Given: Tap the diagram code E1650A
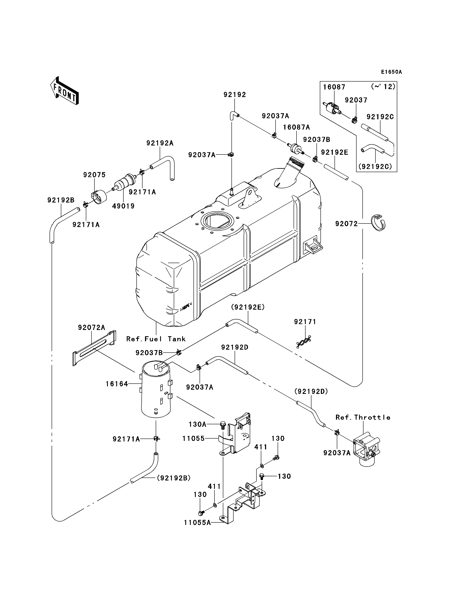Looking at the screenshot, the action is pos(392,72).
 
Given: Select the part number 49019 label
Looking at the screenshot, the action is pos(123,206).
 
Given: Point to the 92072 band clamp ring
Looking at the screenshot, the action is pos(378,223).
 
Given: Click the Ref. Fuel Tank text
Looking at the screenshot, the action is pos(156,339).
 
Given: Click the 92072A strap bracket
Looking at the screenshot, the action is pos(94,348).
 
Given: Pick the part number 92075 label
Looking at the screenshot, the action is pos(94,175).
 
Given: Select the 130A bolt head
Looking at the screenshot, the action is pos(223,425).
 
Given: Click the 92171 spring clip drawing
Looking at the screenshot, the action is pos(304,342).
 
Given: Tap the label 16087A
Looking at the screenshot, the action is pos(297,127).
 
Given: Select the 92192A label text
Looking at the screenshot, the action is pos(160,143).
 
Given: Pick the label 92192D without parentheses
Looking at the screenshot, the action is pos(235,347).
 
